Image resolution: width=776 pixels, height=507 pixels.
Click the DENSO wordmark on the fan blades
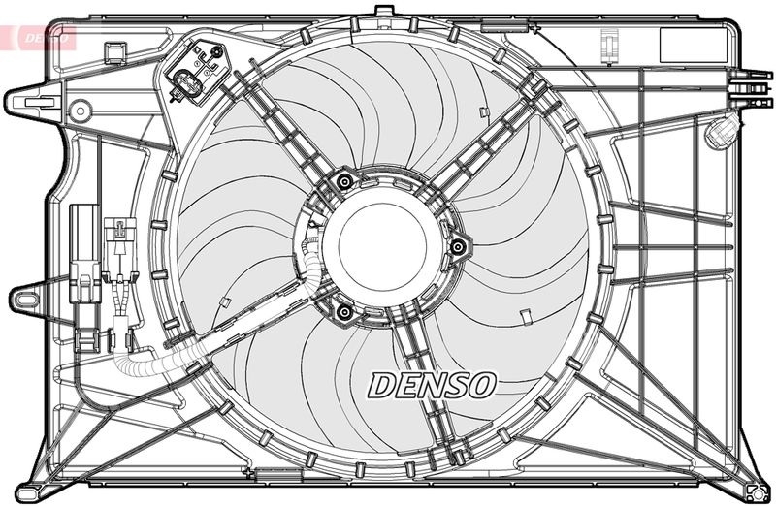point(432,384)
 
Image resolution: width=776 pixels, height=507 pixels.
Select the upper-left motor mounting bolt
point(342,181)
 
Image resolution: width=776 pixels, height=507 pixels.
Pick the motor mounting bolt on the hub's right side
point(456,247)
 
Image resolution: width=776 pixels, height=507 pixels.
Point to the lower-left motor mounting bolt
point(341,310)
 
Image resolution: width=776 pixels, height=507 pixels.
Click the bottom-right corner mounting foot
point(749,482)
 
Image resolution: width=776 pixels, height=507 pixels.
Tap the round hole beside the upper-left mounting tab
point(79,111)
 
